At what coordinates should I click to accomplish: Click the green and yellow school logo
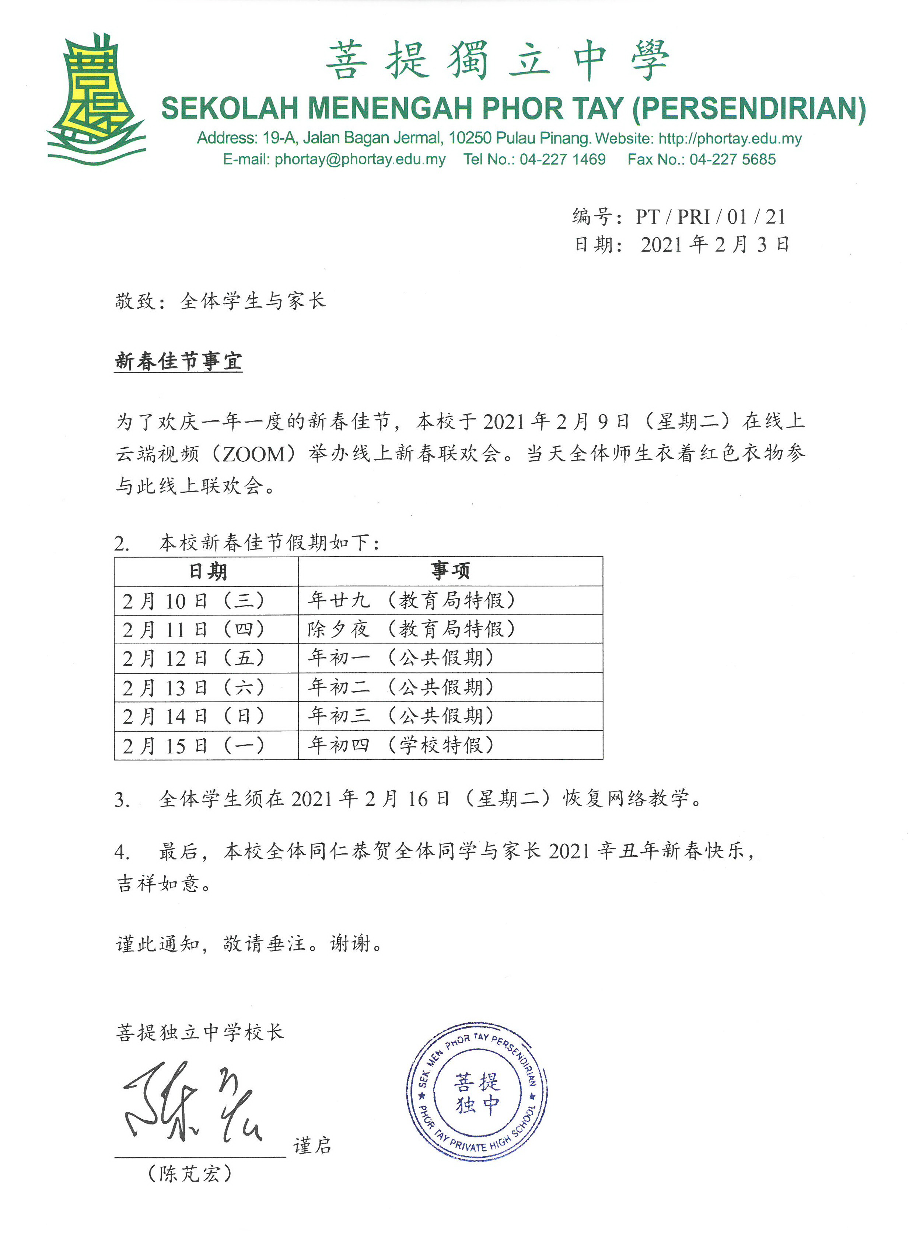[x=97, y=100]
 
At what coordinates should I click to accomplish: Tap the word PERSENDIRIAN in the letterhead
[x=749, y=109]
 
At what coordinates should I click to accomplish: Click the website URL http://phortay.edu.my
[x=730, y=138]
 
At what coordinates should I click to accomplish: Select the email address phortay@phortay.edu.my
[x=360, y=160]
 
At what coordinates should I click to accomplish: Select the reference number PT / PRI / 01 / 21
[x=710, y=217]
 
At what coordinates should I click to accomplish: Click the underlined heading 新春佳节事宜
[x=178, y=361]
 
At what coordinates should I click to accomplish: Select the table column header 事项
[x=450, y=571]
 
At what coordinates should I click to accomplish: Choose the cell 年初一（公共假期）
[x=401, y=658]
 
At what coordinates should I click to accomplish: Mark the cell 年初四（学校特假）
[x=401, y=745]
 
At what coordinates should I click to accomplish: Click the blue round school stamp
[x=476, y=1092]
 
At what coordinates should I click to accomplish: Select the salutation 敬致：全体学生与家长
[x=220, y=301]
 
